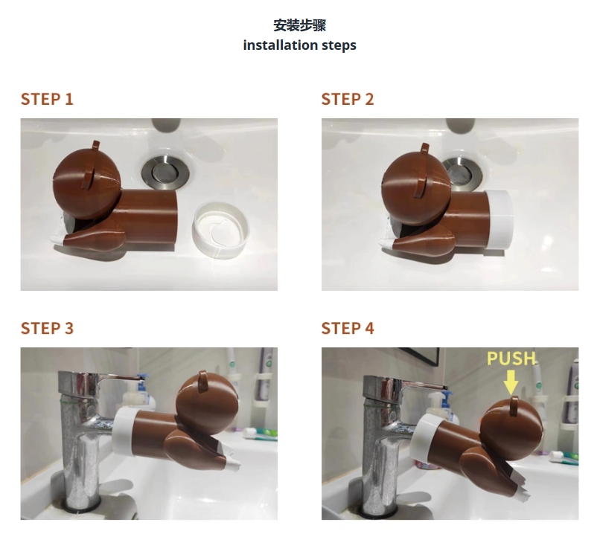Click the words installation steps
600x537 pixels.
tap(299, 45)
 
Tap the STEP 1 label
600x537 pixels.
tap(47, 99)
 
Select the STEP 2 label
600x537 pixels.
tap(348, 99)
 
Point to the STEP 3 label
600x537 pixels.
tap(47, 328)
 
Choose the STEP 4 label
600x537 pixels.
tap(348, 328)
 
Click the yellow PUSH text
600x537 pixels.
tap(511, 358)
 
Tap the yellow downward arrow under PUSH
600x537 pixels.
tap(511, 382)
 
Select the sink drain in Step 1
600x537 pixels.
tap(162, 170)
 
